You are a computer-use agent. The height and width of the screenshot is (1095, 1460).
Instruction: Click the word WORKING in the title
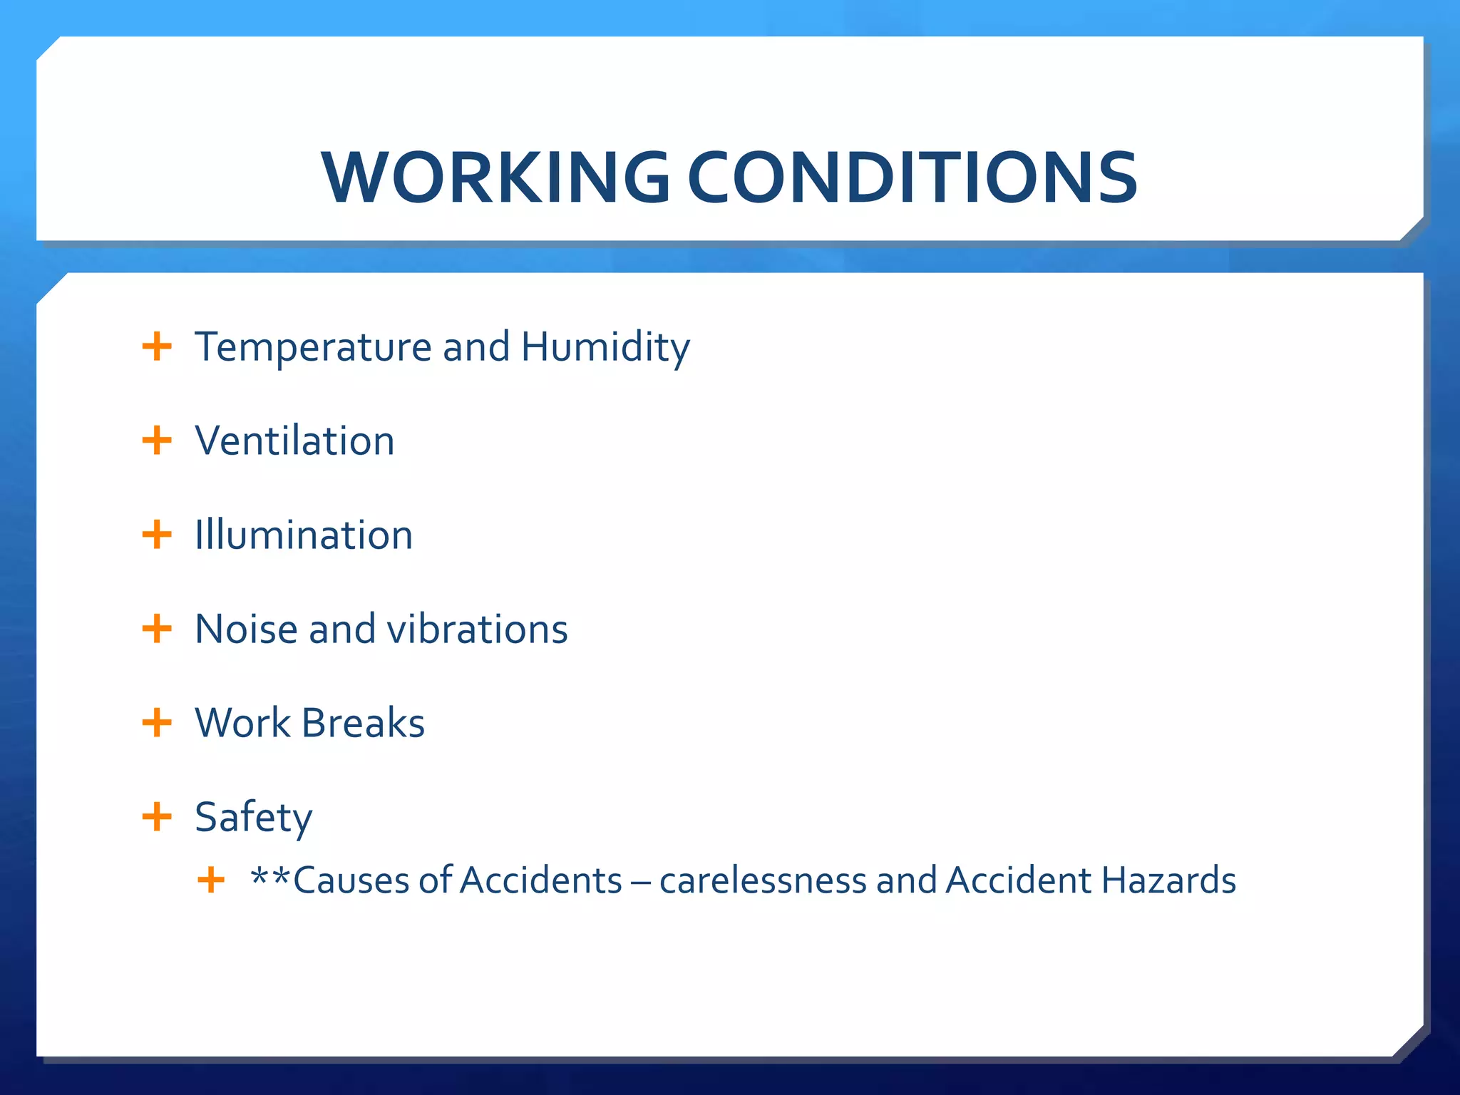[x=495, y=178]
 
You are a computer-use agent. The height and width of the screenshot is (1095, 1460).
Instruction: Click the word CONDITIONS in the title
[x=912, y=178]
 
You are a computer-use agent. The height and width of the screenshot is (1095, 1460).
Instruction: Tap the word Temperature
[x=313, y=348]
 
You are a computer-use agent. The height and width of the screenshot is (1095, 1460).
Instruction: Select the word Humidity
[x=605, y=348]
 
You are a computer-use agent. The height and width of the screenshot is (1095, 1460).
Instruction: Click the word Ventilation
[x=294, y=441]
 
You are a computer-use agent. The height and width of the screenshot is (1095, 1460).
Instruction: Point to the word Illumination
[x=304, y=535]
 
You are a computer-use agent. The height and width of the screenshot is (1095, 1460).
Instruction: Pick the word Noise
[x=246, y=629]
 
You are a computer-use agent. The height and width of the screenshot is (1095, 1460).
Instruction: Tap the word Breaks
[x=363, y=723]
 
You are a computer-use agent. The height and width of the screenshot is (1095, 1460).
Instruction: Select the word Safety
[x=253, y=817]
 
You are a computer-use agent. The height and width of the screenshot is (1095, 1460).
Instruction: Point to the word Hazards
[x=1168, y=880]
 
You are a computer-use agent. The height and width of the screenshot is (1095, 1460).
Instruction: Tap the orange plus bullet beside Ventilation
[x=157, y=441]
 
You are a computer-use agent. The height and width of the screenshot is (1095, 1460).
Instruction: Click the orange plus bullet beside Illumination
[x=157, y=535]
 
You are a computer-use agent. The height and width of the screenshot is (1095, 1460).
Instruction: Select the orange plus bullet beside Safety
[x=157, y=817]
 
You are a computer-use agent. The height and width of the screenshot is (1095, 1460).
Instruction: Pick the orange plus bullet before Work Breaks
[x=157, y=723]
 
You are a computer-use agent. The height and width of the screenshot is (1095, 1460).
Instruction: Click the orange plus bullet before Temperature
[x=157, y=348]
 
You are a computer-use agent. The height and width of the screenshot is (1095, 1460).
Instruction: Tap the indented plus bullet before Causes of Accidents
[x=211, y=880]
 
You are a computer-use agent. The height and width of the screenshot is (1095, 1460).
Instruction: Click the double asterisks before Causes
[x=271, y=875]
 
